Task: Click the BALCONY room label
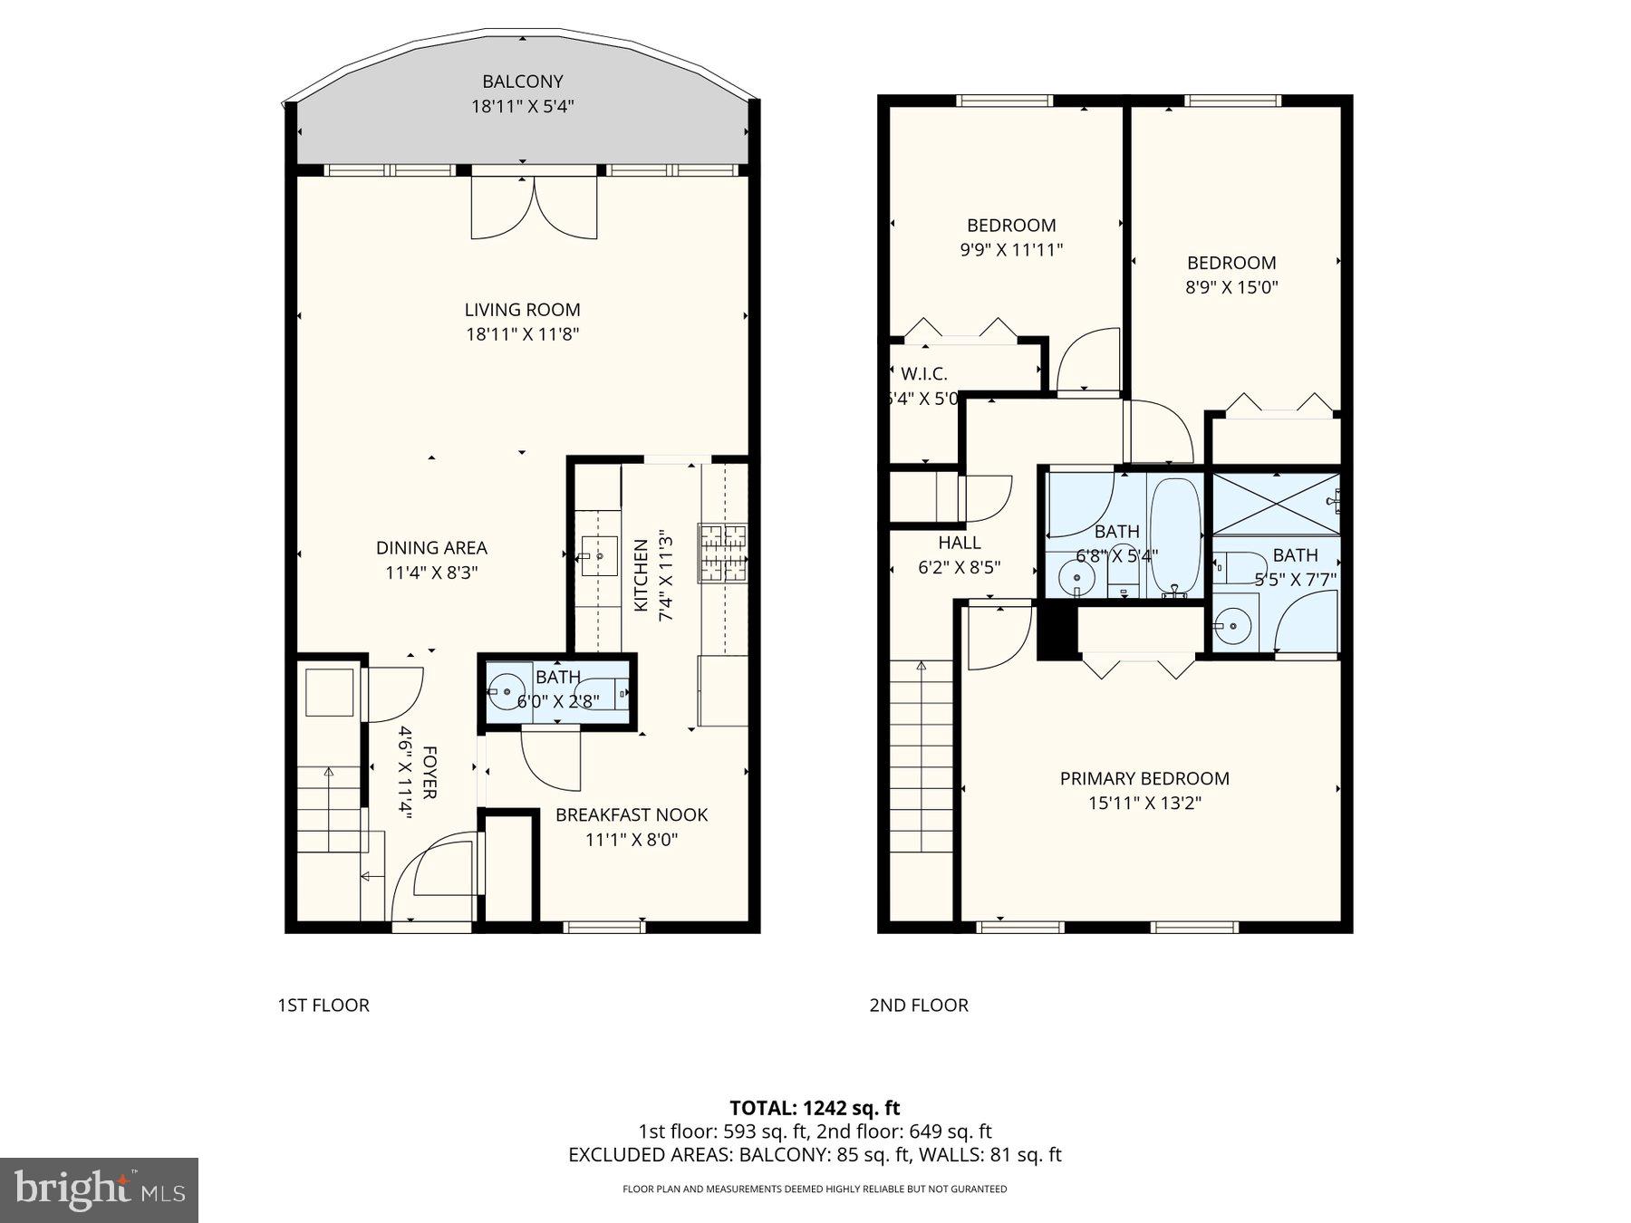click(522, 82)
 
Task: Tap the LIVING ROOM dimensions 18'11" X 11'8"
click(522, 334)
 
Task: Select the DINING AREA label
click(431, 548)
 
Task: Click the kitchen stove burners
click(722, 553)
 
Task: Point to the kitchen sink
click(598, 555)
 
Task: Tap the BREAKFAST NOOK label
click(632, 814)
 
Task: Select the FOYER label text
click(429, 773)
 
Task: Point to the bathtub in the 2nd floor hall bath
click(1175, 537)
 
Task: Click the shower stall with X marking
click(1276, 504)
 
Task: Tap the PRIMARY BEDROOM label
click(1144, 778)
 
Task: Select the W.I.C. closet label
click(924, 374)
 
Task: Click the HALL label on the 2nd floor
click(960, 543)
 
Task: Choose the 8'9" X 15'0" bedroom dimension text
click(1231, 287)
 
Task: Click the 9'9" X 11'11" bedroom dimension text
click(1011, 249)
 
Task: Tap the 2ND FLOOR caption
click(919, 1005)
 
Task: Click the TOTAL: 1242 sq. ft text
click(815, 1107)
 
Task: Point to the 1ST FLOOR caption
click(323, 1005)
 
